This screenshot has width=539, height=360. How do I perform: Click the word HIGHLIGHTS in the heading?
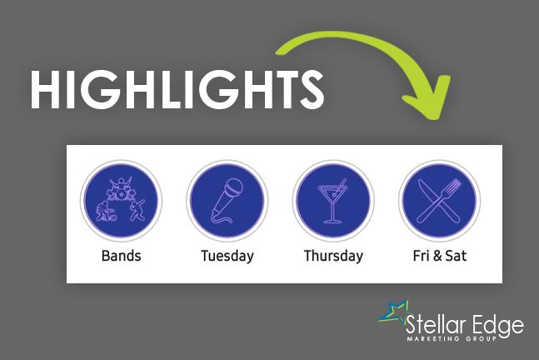click(x=177, y=90)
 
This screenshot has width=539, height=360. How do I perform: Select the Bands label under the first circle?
click(x=121, y=256)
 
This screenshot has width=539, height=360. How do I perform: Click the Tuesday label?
click(x=227, y=256)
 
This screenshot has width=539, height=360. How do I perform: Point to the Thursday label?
click(x=333, y=256)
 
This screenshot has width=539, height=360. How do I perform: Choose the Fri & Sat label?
click(x=440, y=256)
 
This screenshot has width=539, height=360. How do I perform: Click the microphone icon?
click(x=227, y=201)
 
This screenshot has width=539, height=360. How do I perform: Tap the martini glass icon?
click(x=332, y=201)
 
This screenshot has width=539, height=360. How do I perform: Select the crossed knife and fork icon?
click(x=439, y=201)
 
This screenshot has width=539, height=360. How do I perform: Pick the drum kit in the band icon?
click(x=121, y=190)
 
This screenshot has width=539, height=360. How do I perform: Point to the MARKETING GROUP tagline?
click(x=452, y=338)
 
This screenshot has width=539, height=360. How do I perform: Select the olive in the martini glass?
click(x=334, y=195)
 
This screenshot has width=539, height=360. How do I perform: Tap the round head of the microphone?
click(x=233, y=187)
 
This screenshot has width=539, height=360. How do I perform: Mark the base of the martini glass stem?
click(x=332, y=222)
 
